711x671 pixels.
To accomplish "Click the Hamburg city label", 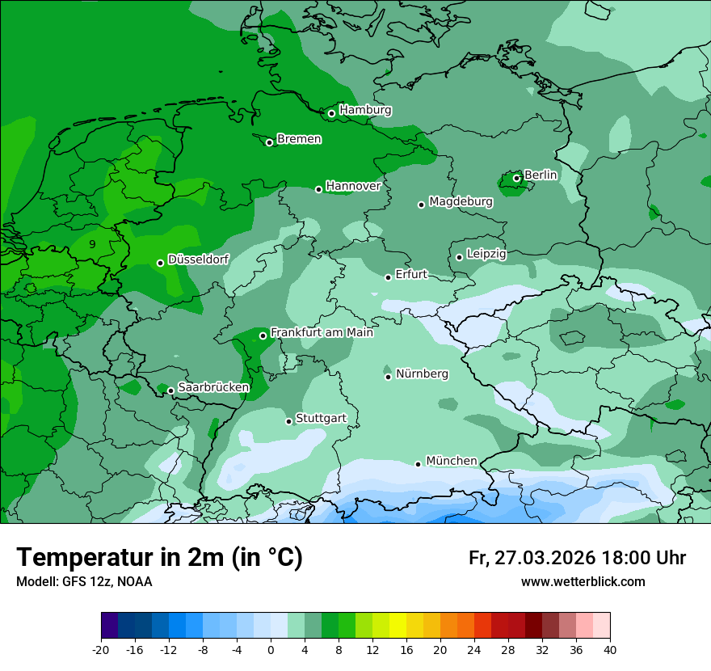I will point(365,110).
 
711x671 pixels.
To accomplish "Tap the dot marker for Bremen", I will point(269,142).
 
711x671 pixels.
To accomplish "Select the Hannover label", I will point(353,186).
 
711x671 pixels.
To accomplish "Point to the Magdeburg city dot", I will point(421,205).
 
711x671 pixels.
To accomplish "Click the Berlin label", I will point(541,175).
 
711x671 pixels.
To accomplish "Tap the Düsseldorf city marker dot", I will point(160,263).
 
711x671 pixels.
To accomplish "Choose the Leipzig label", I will point(486,254).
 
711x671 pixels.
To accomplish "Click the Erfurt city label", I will point(410,274).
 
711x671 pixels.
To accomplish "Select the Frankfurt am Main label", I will point(322,332).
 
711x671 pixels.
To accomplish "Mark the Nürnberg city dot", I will point(388,377).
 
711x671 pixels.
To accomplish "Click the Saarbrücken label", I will point(213,387).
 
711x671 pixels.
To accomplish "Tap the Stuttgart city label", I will point(321,418).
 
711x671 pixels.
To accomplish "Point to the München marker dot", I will point(418,464).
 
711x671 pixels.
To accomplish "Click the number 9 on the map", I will point(92,243).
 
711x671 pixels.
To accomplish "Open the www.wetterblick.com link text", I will point(583,581).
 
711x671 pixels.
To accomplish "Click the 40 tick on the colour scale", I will point(610,650).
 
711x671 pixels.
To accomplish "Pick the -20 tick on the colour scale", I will point(101,650).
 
